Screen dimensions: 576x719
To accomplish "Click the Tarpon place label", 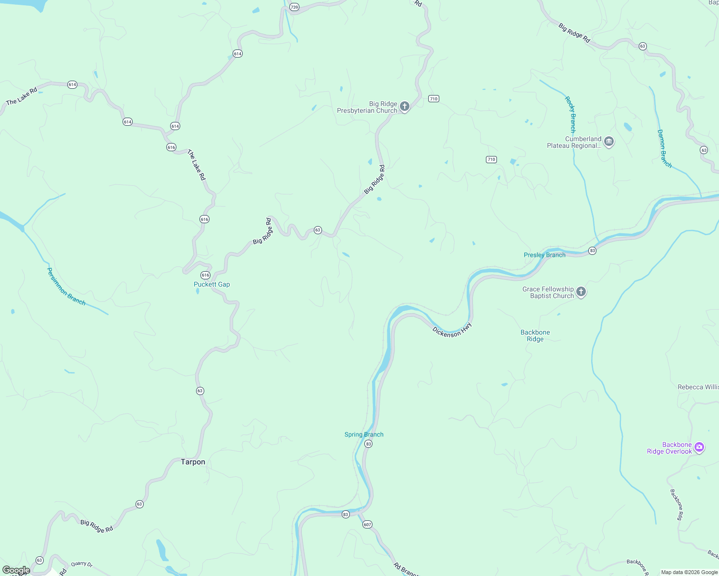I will point(193,462).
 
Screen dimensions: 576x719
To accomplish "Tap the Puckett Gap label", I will point(211,284).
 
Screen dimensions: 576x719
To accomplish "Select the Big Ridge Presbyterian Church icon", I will point(405,106).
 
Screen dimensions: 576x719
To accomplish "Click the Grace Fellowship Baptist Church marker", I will point(581,292).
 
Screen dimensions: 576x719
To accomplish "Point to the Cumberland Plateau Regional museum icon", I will point(609,142).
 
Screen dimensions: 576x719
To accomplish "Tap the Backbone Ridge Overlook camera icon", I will point(699,447).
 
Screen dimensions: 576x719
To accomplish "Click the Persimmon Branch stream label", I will point(66,287).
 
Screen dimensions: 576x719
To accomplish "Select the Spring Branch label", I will point(364,434).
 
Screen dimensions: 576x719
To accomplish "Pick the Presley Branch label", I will point(545,255).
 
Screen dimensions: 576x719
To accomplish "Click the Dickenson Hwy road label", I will point(452,330).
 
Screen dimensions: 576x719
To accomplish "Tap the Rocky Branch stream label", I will point(570,114).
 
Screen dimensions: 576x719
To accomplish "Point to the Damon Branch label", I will point(664,148).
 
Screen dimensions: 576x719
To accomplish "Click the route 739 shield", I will point(294,7).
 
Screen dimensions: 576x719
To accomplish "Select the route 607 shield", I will point(367,524).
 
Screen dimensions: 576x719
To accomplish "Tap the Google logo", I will point(16,570).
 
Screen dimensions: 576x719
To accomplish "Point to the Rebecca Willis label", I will point(698,387).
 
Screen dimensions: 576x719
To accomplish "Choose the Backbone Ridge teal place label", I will point(535,336).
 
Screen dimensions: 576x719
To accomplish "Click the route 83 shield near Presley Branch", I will point(592,251).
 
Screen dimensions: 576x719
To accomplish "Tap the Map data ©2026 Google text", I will point(689,572).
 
